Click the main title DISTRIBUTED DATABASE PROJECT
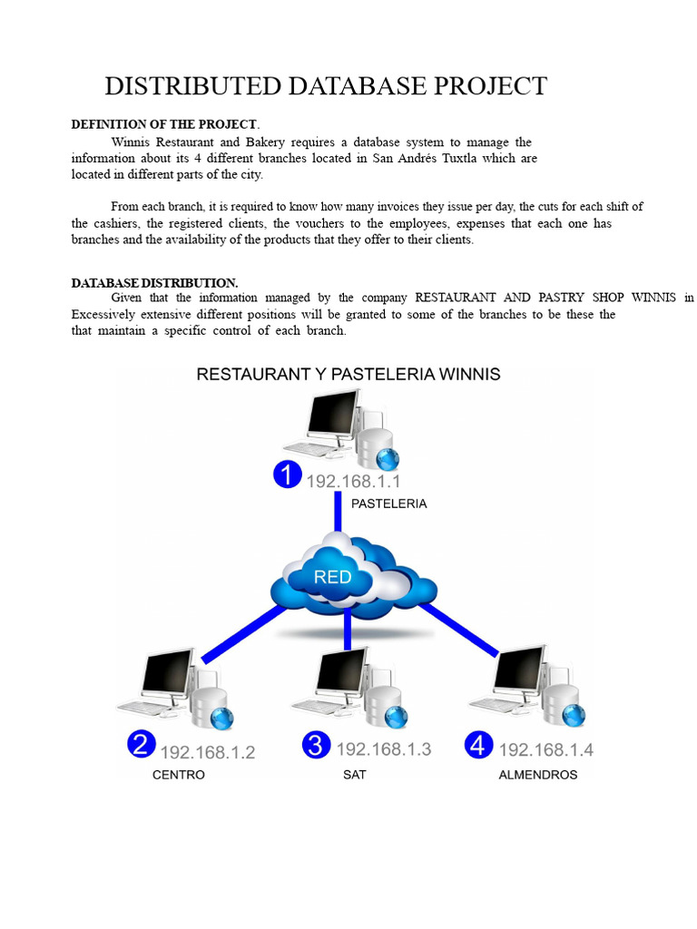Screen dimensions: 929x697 coord(326,86)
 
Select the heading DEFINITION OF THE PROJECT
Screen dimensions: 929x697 coord(164,124)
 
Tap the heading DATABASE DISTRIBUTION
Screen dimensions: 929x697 coord(154,283)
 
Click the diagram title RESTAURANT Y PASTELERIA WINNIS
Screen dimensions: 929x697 coord(348,374)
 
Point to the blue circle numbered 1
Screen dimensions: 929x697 coord(288,475)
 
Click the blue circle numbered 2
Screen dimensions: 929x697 coord(140,745)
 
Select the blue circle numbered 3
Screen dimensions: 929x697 coord(315,745)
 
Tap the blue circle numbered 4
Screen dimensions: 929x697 coord(478,745)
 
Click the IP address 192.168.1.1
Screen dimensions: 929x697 coord(353,481)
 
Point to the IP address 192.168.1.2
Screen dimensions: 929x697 coord(208,752)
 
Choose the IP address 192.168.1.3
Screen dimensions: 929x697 coord(383,749)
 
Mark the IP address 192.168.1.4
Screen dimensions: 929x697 coord(546,749)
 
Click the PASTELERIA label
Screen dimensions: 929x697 coord(388,504)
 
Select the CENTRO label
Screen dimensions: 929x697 coord(179,775)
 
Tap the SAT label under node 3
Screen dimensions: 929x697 coord(355,775)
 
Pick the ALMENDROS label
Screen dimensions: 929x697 coord(538,775)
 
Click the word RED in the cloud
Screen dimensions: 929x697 coord(332,576)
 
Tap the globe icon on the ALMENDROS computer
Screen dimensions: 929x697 coord(573,716)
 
